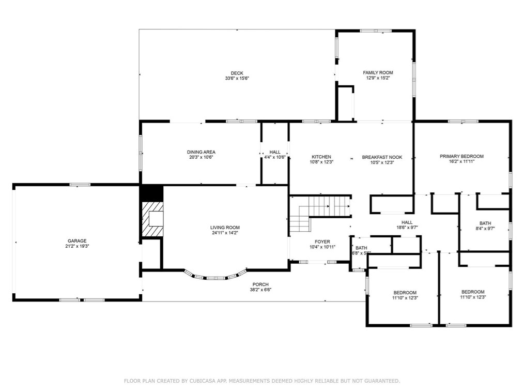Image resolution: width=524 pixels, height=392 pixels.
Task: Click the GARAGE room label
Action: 76,240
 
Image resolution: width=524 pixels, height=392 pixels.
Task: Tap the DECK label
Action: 237,73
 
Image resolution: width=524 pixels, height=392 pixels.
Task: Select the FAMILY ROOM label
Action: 378,72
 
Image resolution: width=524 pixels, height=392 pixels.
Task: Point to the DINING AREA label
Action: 201,152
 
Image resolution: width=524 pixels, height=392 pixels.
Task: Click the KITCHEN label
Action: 321,157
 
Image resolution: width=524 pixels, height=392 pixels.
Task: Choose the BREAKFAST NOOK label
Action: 382,157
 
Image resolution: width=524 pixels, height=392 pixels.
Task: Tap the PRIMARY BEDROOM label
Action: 461,156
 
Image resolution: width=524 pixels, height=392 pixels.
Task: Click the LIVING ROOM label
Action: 225,228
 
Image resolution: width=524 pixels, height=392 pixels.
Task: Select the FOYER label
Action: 322,242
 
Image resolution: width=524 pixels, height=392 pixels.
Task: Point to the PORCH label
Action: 260,284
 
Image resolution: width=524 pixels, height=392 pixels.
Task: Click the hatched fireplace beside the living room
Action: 153,219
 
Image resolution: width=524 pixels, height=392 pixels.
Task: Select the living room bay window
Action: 215,276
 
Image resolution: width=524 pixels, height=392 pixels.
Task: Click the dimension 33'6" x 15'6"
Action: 237,79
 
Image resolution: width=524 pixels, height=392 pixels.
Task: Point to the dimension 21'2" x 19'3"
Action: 76,246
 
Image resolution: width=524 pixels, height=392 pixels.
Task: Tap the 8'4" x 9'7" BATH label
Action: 485,223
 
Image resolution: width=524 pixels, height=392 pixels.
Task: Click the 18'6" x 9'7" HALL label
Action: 407,222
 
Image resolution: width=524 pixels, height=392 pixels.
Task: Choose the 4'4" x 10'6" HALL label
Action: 275,152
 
